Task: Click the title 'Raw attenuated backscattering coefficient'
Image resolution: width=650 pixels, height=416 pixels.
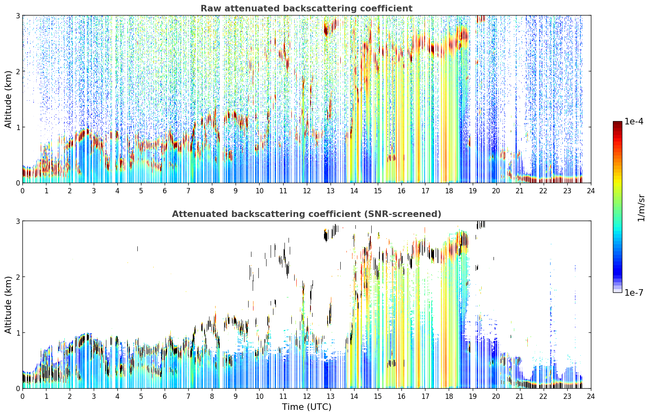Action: (306, 9)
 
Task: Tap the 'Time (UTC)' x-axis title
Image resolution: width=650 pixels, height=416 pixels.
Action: (306, 407)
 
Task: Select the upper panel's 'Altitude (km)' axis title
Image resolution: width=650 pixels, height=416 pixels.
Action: (8, 99)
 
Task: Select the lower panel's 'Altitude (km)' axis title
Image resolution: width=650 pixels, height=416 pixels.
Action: (8, 305)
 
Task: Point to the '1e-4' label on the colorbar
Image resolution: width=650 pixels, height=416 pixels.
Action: (634, 122)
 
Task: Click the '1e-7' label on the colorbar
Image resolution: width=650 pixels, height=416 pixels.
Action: (634, 292)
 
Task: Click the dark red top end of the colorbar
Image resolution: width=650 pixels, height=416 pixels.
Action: (617, 122)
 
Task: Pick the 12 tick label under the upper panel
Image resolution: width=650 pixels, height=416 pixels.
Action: (307, 191)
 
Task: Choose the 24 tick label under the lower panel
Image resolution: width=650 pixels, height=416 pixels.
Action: (591, 396)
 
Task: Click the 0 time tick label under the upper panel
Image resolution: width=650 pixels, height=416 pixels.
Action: (23, 191)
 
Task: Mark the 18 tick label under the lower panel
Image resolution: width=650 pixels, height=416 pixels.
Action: (449, 396)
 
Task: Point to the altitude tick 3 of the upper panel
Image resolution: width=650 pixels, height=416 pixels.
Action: (18, 15)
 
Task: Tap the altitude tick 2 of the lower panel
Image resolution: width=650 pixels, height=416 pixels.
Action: (18, 277)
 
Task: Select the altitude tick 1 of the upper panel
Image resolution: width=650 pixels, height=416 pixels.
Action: (18, 127)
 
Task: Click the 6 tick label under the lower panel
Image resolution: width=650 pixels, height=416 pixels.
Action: (165, 396)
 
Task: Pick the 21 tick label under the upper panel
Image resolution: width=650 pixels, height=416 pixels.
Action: (520, 191)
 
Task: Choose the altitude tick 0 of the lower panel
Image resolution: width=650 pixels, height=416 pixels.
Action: (18, 388)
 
